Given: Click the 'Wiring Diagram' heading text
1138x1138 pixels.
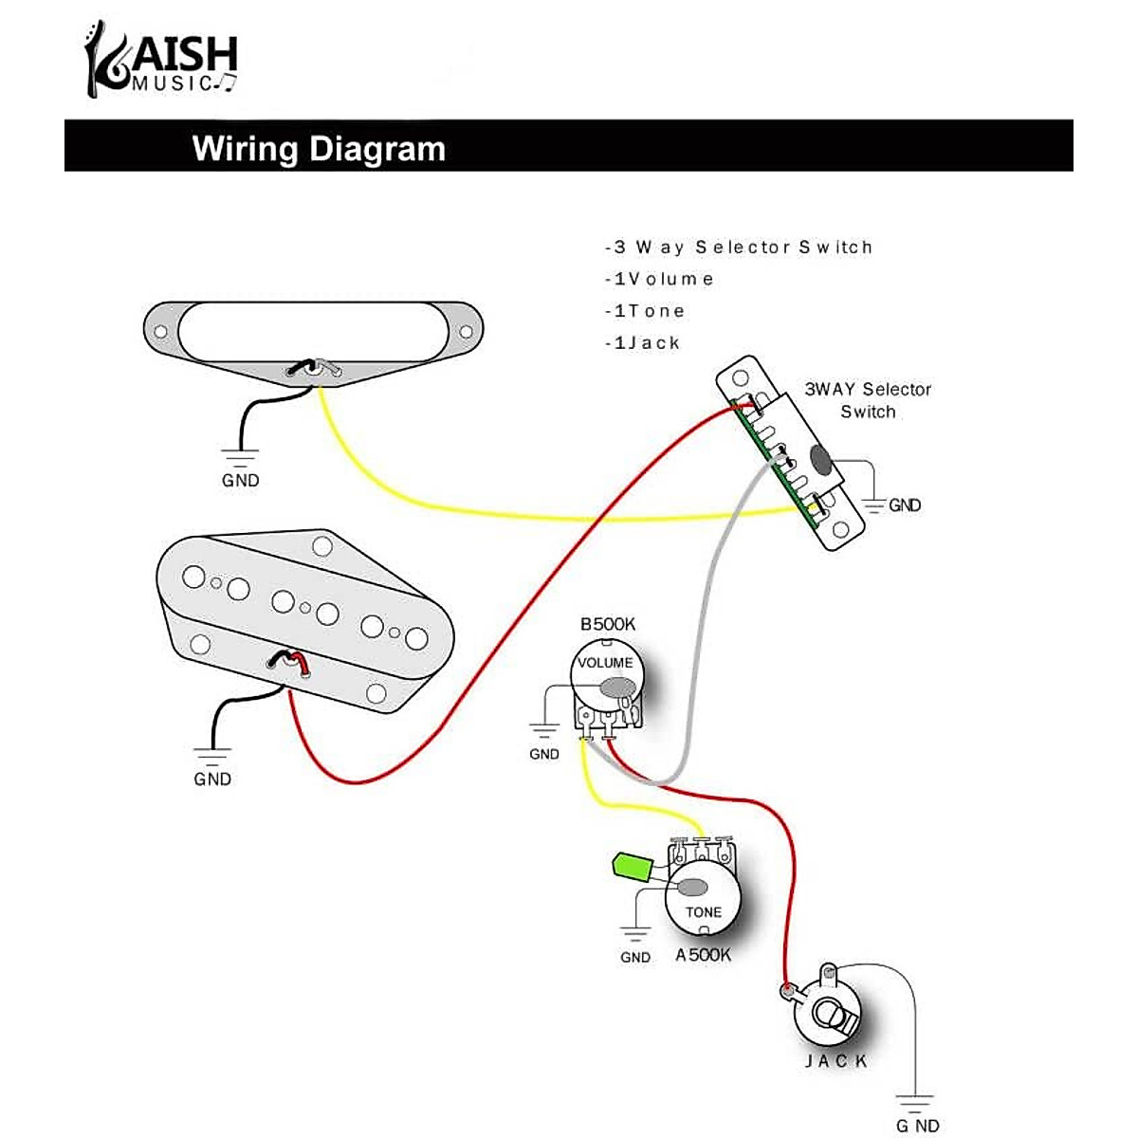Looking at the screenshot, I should point(319,149).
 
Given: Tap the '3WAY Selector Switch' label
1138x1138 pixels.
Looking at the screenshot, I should point(867,400).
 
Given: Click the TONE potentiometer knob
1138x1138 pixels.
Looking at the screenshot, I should point(704,901).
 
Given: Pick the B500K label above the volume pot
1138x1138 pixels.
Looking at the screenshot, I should point(608,624).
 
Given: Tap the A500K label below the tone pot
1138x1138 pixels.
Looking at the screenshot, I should point(703,955).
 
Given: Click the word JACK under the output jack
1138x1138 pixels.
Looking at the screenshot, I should point(836,1060).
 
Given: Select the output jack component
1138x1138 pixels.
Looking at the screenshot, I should point(831,1013).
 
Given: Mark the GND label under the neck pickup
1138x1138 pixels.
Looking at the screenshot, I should point(241,480).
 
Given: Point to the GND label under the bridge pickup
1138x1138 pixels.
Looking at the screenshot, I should point(212,779).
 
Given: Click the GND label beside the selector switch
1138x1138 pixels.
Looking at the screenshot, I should point(905,505).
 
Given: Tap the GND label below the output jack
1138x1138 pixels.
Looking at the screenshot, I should point(917,1126).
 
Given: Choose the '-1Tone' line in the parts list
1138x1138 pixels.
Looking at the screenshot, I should point(645,311).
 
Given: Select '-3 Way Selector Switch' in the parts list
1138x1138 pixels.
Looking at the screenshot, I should point(738,248).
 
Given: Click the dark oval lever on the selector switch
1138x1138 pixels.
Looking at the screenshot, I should point(821,460).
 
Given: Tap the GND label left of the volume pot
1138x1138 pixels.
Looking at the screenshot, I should point(544,754).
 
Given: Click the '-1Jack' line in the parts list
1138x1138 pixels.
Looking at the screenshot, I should point(643,343).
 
